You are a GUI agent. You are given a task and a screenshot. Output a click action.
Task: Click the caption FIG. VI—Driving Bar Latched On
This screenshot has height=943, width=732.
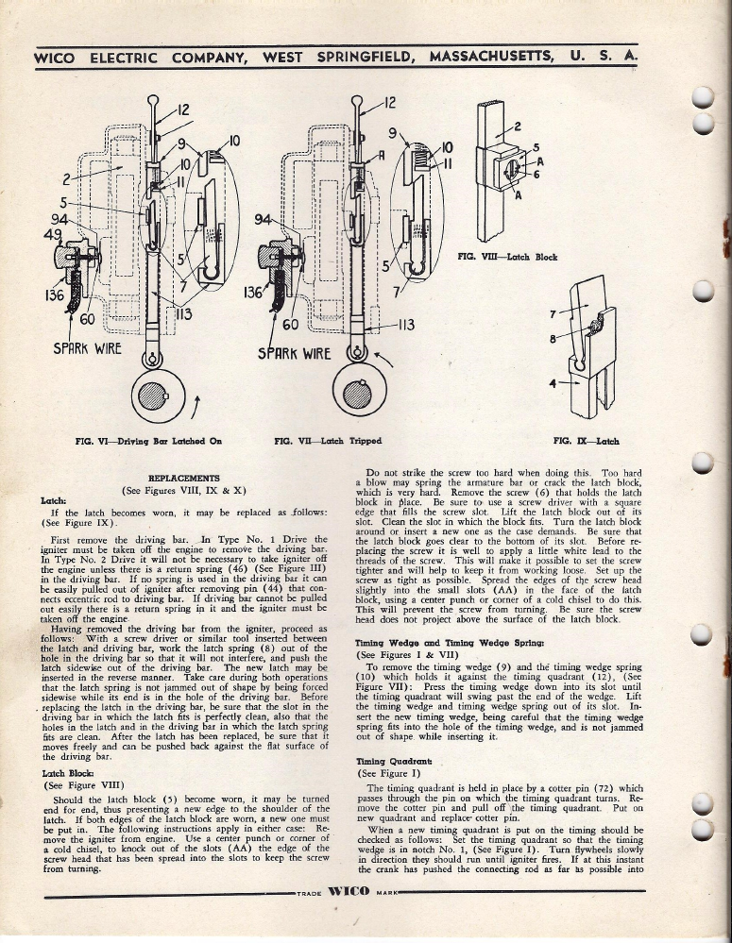pos(148,441)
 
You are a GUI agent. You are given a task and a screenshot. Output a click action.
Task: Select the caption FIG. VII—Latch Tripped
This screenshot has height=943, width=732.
pos(328,441)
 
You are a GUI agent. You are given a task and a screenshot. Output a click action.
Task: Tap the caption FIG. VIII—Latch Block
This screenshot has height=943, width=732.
pos(507,257)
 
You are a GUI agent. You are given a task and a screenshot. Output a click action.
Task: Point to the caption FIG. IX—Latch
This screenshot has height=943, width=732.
pos(586,441)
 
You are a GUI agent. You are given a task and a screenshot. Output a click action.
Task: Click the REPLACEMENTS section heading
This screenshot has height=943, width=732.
pos(184,479)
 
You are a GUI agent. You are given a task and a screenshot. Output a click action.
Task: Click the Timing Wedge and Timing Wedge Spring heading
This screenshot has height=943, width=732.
pos(450,643)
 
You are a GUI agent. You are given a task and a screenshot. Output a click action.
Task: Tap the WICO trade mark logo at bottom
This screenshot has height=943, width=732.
pos(349,891)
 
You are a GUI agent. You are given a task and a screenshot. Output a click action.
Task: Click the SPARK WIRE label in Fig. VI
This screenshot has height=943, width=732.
pos(87,349)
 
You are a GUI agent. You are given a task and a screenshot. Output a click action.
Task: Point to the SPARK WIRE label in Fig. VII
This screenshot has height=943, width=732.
pos(295,353)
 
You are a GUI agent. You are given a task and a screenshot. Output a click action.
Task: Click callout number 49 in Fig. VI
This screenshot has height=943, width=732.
pos(53,234)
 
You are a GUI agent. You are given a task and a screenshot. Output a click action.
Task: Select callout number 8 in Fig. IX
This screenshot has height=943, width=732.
pos(553,339)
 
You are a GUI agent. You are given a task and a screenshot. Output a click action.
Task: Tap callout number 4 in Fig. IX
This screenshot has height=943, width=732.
pos(553,382)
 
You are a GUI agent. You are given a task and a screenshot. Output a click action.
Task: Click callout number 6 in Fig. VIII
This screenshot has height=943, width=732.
pos(536,175)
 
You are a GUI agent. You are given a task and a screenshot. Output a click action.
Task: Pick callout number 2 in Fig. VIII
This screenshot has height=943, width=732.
pos(517,126)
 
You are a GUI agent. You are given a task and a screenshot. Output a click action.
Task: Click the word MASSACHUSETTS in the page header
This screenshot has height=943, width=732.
pos(491,58)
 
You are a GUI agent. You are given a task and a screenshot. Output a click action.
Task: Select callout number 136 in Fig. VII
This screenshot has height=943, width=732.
pos(253,293)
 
